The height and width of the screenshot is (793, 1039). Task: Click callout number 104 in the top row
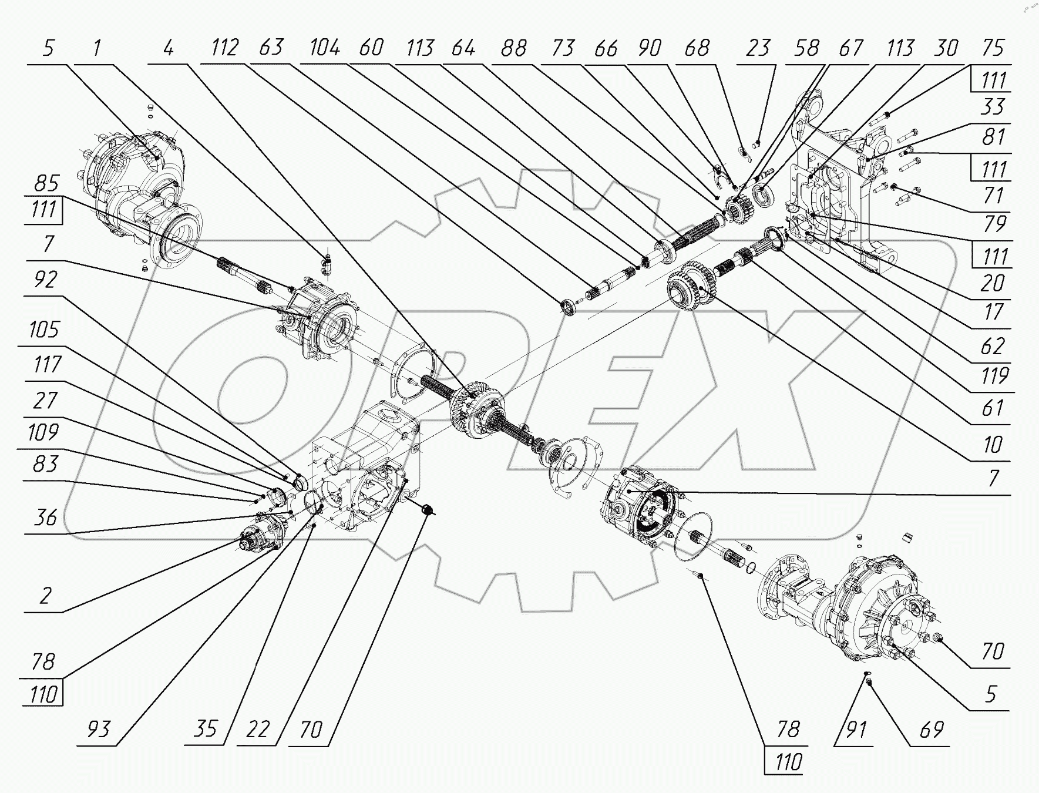(325, 48)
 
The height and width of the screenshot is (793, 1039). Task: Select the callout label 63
(271, 48)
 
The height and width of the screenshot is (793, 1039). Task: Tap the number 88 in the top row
(513, 48)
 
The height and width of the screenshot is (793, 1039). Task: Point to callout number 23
(758, 48)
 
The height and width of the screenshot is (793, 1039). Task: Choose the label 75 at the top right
(993, 48)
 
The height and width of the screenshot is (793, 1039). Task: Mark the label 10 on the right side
(993, 445)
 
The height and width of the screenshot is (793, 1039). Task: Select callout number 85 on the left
(46, 183)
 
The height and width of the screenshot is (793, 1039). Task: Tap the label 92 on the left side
(45, 280)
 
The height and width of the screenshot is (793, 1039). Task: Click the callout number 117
(47, 365)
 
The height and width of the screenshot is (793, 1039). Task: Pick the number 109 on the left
(43, 432)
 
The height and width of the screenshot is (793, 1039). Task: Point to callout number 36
(45, 518)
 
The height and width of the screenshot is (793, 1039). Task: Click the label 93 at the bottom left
(98, 729)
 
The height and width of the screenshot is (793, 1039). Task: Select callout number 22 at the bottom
(257, 729)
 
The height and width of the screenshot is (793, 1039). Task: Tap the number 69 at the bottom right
(930, 729)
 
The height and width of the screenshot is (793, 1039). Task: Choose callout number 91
(855, 729)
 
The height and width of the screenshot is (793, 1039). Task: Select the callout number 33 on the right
(993, 107)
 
